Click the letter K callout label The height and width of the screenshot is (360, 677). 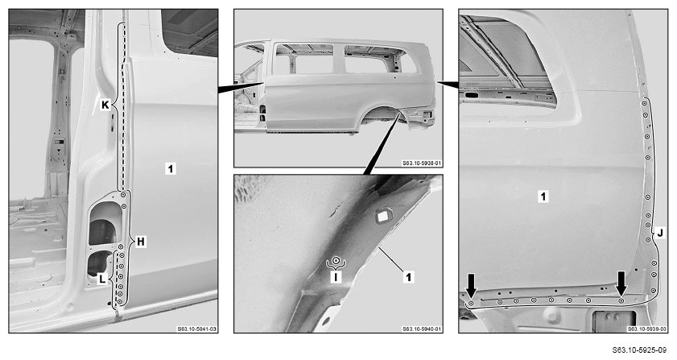[105, 104]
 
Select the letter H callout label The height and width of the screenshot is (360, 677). [141, 242]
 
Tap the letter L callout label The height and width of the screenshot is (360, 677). [102, 279]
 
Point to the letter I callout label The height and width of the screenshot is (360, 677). [336, 276]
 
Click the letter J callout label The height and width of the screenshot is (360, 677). [660, 234]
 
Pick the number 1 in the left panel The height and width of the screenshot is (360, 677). [171, 168]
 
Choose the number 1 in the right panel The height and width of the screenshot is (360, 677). [543, 197]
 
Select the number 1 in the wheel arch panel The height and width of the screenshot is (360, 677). [408, 276]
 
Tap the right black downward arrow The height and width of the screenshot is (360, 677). [621, 283]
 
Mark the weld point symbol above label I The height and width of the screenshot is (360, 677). [336, 261]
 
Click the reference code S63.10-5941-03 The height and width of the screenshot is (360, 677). [197, 329]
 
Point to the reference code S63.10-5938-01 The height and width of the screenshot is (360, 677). [423, 163]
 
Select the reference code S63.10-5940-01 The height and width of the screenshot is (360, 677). [423, 329]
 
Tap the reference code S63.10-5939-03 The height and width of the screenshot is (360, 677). [647, 329]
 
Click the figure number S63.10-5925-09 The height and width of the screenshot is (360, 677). [645, 350]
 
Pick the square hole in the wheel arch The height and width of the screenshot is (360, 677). [383, 216]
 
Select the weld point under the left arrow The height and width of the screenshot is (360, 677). [471, 304]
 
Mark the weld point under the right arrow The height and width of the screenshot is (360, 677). [621, 300]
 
